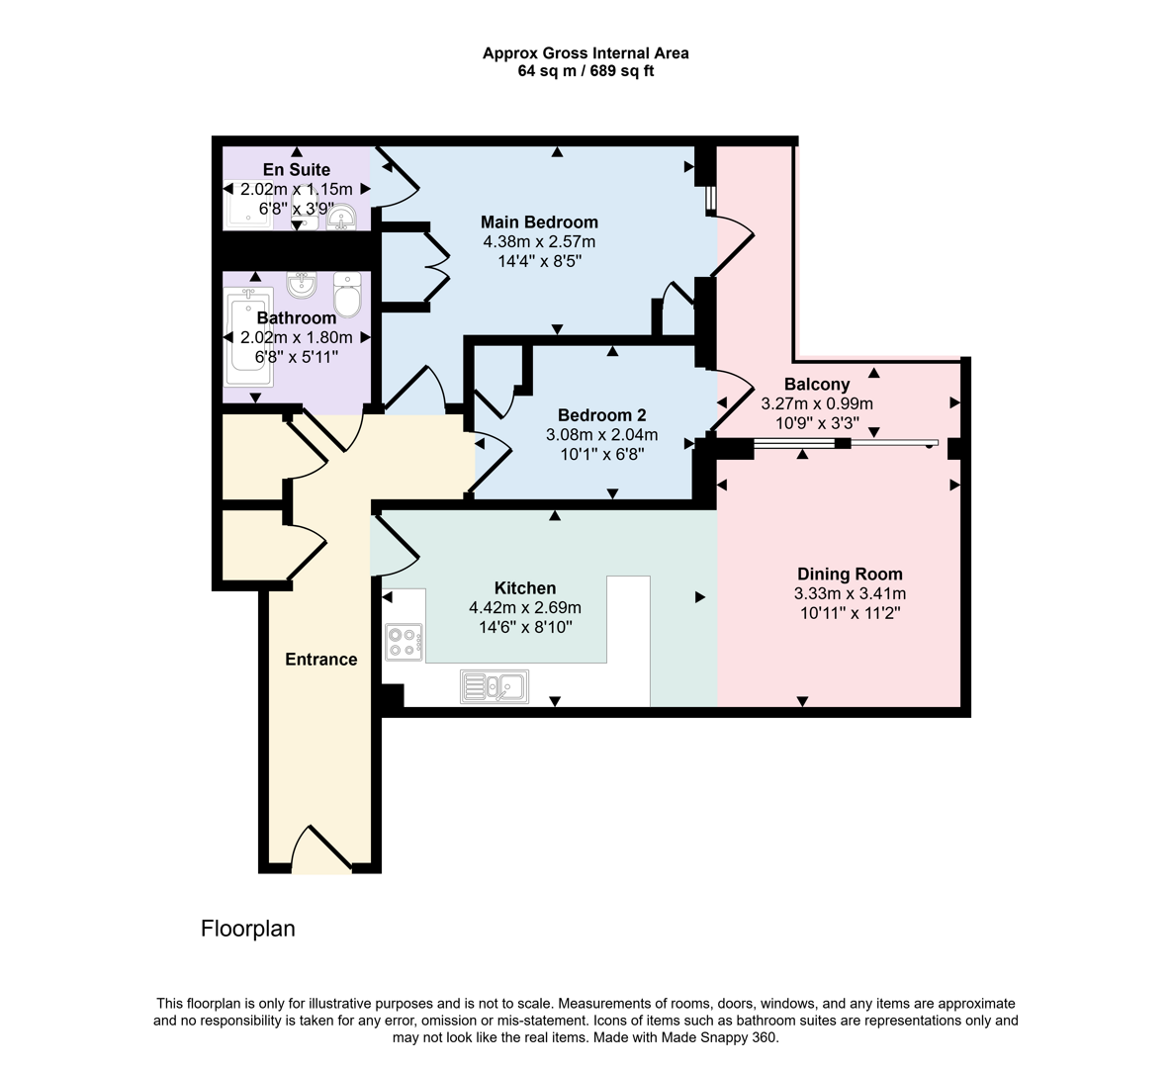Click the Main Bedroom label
tap(539, 222)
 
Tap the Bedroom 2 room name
tap(601, 415)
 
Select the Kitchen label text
tap(525, 588)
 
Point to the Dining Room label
tap(850, 574)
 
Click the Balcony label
tap(817, 384)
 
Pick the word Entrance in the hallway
tap(321, 660)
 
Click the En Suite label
tap(297, 169)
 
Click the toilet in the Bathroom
tap(347, 294)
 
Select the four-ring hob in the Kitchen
tap(405, 642)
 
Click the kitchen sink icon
tap(495, 686)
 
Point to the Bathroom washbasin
tap(301, 286)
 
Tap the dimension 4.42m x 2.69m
tap(525, 607)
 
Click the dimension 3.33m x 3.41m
tap(850, 593)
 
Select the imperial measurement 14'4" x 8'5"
tap(539, 261)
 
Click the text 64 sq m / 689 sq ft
tap(586, 71)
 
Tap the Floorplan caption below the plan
tap(248, 929)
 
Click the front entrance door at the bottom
tap(321, 852)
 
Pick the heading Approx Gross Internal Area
tap(586, 53)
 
